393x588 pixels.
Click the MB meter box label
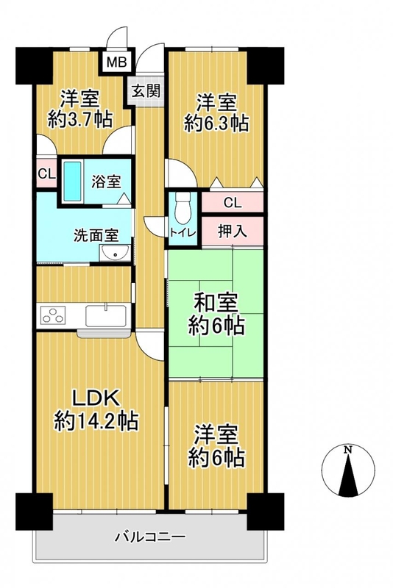pyautogui.click(x=117, y=61)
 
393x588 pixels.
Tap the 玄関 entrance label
pyautogui.click(x=146, y=90)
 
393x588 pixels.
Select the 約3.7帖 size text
pyautogui.click(x=80, y=119)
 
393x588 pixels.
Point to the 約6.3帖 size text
pyautogui.click(x=216, y=123)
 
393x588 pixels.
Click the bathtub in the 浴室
pyautogui.click(x=72, y=181)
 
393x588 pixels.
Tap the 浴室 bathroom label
pyautogui.click(x=106, y=181)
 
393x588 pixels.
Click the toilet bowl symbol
pyautogui.click(x=183, y=209)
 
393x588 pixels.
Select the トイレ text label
pyautogui.click(x=183, y=232)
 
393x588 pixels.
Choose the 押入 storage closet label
pyautogui.click(x=233, y=232)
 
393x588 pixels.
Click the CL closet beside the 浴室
pyautogui.click(x=46, y=173)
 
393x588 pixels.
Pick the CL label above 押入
pyautogui.click(x=233, y=203)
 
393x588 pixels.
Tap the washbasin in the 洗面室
pyautogui.click(x=115, y=253)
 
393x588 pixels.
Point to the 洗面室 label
pyautogui.click(x=96, y=235)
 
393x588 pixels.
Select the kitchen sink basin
pyautogui.click(x=106, y=316)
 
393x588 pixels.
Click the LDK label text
pyautogui.click(x=96, y=398)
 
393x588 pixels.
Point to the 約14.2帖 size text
pyautogui.click(x=97, y=420)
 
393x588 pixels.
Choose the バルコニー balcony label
pyautogui.click(x=150, y=537)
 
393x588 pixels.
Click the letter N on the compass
pyautogui.click(x=348, y=449)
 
